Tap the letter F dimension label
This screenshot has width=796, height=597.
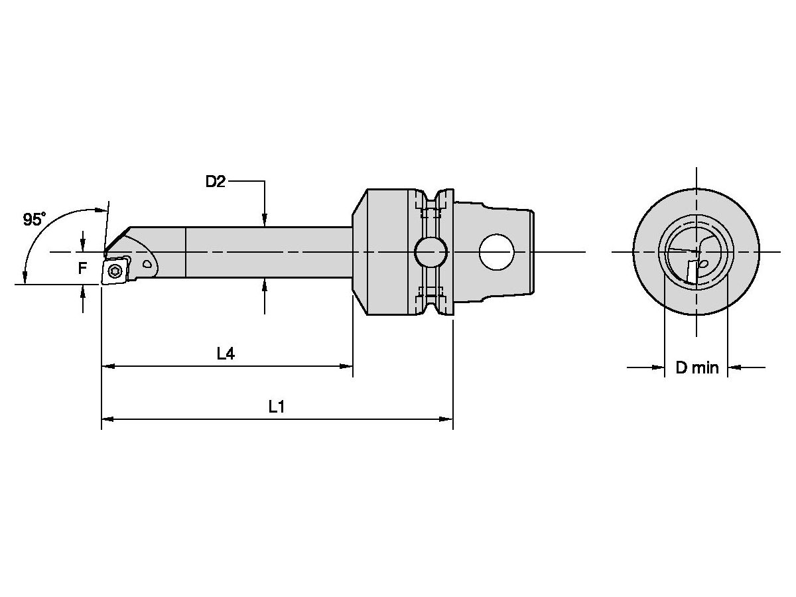[x=82, y=269]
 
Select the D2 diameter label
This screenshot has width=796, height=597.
[x=215, y=181]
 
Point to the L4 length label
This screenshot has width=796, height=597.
[x=226, y=354]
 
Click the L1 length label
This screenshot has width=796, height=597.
[x=277, y=407]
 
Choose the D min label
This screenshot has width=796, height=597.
[x=696, y=367]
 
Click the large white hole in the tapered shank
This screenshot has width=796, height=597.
[x=497, y=252]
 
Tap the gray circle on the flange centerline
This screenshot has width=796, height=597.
[x=431, y=252]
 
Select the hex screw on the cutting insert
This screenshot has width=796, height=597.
[x=116, y=270]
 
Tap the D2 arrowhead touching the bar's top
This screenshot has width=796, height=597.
[x=264, y=221]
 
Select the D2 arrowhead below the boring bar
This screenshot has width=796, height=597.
[x=264, y=284]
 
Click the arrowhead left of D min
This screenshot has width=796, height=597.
[x=659, y=367]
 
